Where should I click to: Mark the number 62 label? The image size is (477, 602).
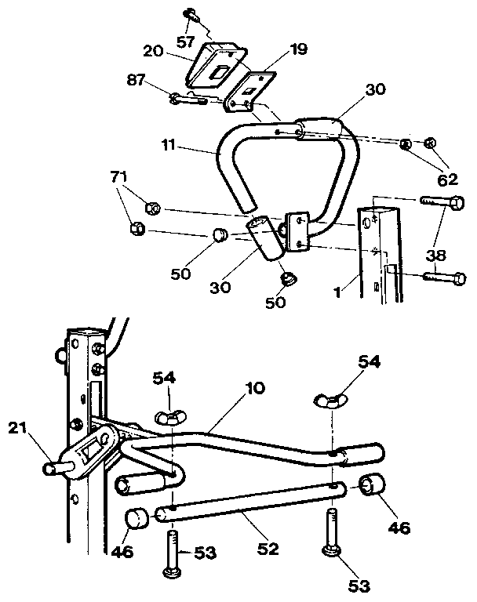[x=447, y=179]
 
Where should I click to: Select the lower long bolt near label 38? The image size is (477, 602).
[x=443, y=277]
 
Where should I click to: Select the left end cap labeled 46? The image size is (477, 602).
[x=137, y=518]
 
